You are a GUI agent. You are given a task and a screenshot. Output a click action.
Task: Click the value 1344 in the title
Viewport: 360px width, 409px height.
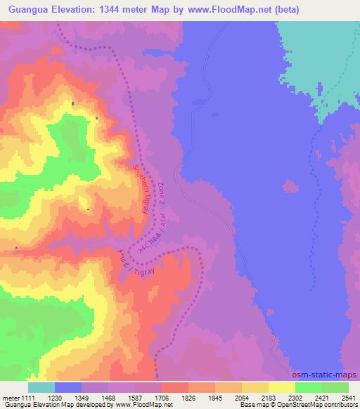(122, 10)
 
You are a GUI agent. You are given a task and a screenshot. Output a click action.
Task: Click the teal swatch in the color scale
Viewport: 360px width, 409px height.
(41, 387)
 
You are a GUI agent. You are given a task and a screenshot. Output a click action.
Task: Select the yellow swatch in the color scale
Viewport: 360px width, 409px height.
(282, 387)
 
